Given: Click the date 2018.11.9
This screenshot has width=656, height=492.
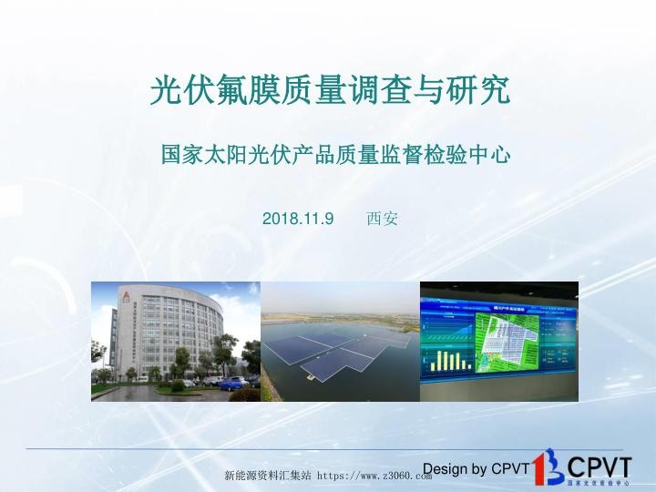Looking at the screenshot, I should [x=298, y=220].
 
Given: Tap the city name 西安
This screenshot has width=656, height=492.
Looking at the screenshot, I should [x=382, y=220].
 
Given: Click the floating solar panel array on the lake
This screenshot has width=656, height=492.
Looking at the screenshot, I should [x=342, y=351].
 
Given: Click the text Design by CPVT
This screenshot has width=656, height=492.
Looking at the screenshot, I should [x=476, y=469].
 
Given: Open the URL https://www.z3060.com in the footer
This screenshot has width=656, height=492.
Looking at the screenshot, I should [x=374, y=477].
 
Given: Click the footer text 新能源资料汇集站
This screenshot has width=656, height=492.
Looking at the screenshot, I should [x=268, y=477].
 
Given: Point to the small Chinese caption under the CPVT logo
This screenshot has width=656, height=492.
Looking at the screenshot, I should [x=598, y=483].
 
